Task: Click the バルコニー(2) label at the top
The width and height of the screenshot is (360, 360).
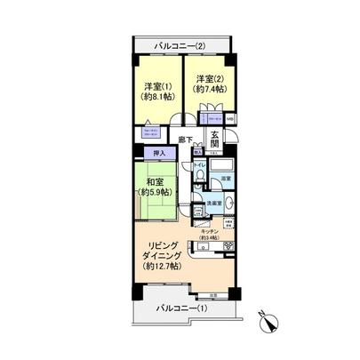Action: (x=180, y=46)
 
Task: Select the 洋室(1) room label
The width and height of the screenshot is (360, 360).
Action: (x=157, y=86)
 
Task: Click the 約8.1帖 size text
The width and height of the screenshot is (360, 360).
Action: (x=157, y=99)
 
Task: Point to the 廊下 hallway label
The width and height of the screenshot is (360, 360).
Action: (x=186, y=140)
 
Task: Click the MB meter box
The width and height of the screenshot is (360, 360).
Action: (x=229, y=118)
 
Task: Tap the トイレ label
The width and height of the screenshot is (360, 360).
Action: (x=199, y=164)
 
